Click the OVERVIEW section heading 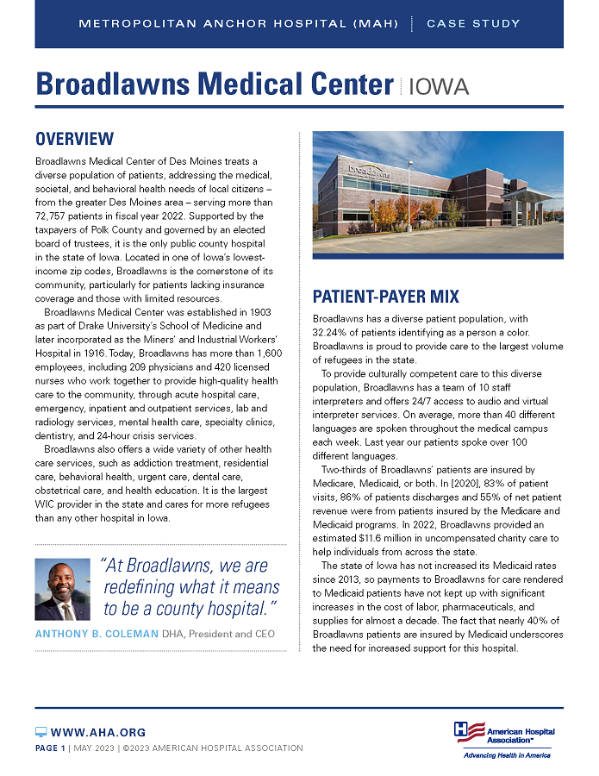(x=74, y=139)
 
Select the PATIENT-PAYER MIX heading (x=385, y=297)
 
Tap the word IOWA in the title (x=439, y=86)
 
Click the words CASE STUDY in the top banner (x=473, y=23)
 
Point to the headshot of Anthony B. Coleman (x=63, y=590)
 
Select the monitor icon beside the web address (x=41, y=732)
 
